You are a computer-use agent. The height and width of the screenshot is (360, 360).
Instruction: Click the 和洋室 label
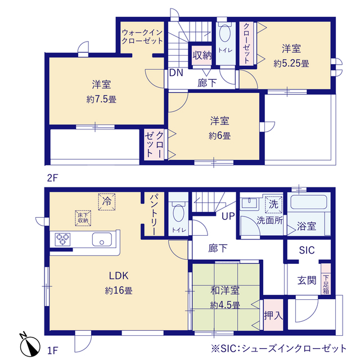pos(226,291)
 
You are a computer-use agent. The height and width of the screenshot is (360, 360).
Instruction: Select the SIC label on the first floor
pos(307,250)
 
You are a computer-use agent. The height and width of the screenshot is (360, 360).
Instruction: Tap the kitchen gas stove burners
pos(62,239)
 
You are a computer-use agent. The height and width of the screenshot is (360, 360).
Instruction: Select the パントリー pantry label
pos(153,214)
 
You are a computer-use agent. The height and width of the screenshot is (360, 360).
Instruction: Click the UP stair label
pos(228,217)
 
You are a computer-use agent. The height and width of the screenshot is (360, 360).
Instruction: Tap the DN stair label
pos(175,73)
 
